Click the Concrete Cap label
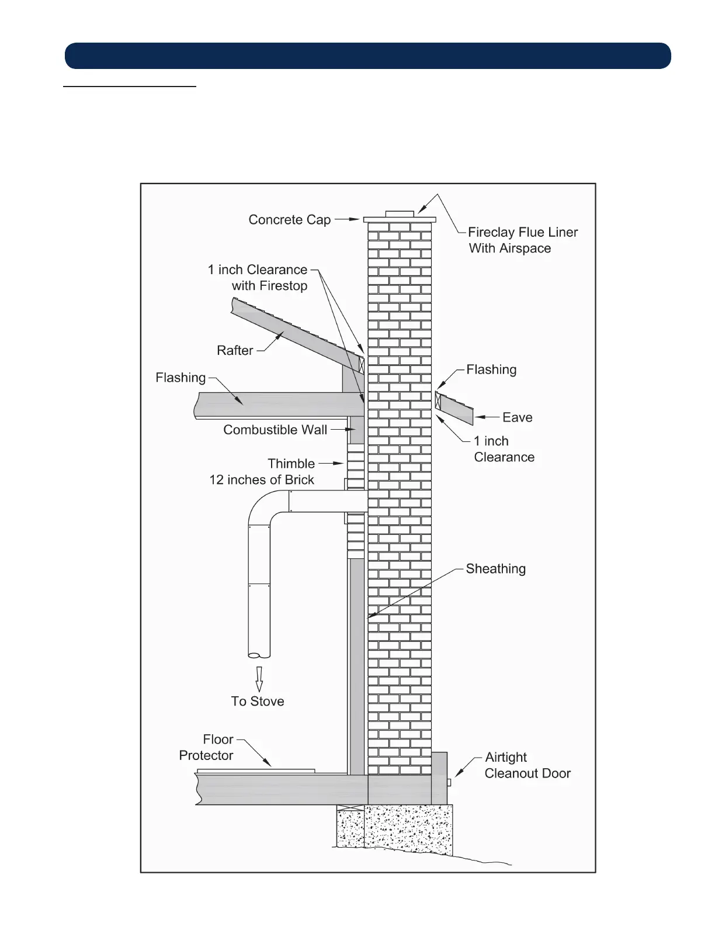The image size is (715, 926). click(x=289, y=220)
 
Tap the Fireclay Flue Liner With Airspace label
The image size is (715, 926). click(x=522, y=240)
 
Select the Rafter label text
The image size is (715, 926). click(x=235, y=350)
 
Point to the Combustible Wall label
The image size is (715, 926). click(x=275, y=430)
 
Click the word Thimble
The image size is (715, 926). click(x=291, y=464)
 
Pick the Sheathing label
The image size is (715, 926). click(x=495, y=569)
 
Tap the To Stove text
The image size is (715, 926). click(x=258, y=702)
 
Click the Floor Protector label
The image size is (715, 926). click(x=206, y=748)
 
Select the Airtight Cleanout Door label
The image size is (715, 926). click(x=527, y=765)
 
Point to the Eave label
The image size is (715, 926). click(x=517, y=417)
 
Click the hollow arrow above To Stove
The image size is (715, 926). click(x=259, y=679)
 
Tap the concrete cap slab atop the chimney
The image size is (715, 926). click(x=400, y=220)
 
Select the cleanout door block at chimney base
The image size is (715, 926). click(x=439, y=778)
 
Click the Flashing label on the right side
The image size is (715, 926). click(x=491, y=369)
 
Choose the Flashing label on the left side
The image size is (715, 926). click(x=181, y=378)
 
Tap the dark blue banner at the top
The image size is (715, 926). click(x=367, y=56)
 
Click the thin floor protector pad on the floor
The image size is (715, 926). click(x=256, y=771)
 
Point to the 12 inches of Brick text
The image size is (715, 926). click(x=262, y=480)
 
